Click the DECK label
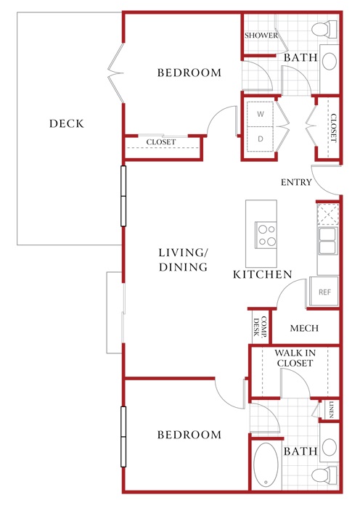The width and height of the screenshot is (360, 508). pyautogui.click(x=67, y=123)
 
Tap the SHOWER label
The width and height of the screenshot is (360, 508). pyautogui.click(x=261, y=36)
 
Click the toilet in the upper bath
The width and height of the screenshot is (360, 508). pyautogui.click(x=324, y=29)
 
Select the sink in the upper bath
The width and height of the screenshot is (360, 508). pyautogui.click(x=330, y=60)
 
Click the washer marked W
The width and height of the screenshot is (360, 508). pyautogui.click(x=260, y=114)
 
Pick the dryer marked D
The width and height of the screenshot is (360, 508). pyautogui.click(x=260, y=139)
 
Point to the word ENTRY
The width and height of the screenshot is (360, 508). pyautogui.click(x=296, y=182)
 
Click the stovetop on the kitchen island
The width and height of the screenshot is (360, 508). pyautogui.click(x=266, y=235)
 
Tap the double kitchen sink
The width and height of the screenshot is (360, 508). pyautogui.click(x=328, y=241)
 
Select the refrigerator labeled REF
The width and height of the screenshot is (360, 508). pyautogui.click(x=324, y=292)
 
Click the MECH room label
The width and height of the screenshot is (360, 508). pyautogui.click(x=304, y=328)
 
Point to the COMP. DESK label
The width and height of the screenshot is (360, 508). pyautogui.click(x=260, y=327)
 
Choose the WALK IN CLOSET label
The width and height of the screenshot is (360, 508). pyautogui.click(x=295, y=358)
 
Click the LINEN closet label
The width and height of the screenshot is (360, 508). pyautogui.click(x=331, y=409)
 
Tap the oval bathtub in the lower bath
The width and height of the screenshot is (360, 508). pyautogui.click(x=266, y=464)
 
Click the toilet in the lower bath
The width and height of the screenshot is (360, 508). pyautogui.click(x=324, y=475)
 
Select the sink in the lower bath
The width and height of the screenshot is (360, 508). pyautogui.click(x=330, y=447)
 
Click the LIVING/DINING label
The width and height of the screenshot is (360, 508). pyautogui.click(x=183, y=260)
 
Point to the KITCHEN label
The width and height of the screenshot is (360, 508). pyautogui.click(x=263, y=274)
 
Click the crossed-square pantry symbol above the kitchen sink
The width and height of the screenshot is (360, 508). pyautogui.click(x=328, y=214)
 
